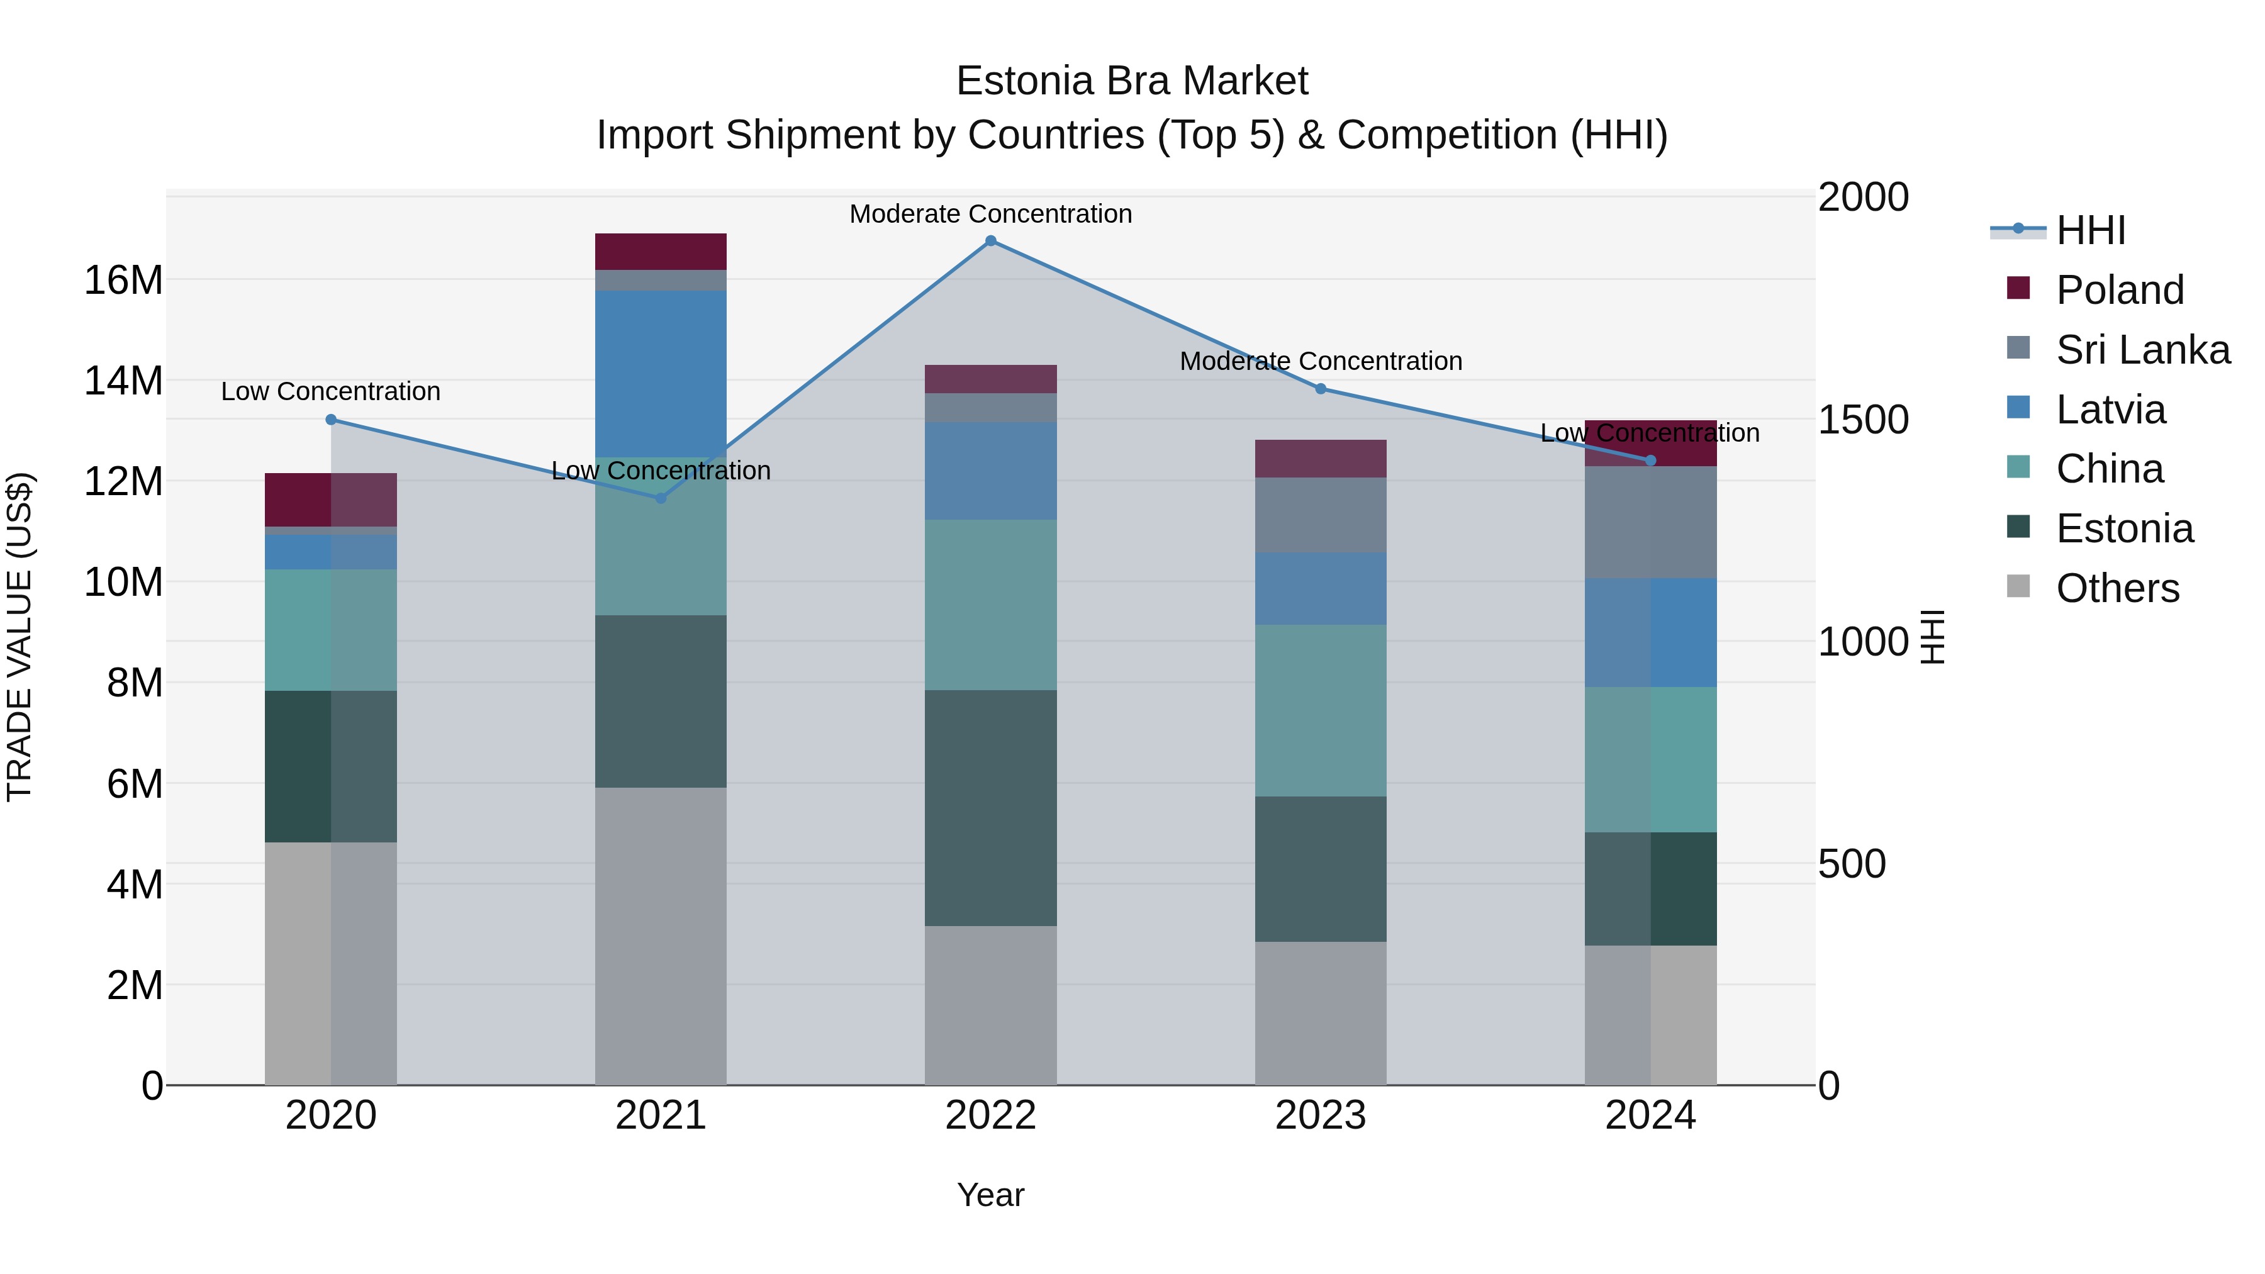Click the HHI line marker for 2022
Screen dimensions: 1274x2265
(x=990, y=241)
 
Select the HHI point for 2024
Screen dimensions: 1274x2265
(x=1650, y=461)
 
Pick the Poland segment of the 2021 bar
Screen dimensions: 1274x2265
(x=661, y=252)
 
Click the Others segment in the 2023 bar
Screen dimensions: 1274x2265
(x=1320, y=1013)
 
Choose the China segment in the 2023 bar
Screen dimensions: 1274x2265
(x=1320, y=710)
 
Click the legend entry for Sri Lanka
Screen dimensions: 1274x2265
(x=2142, y=350)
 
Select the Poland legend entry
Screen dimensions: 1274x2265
(x=2119, y=290)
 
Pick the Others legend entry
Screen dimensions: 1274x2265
(x=2117, y=588)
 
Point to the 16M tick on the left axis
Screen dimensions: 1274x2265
(x=123, y=281)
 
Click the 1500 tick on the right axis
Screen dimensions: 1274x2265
(x=1862, y=420)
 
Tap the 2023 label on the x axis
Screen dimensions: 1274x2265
(x=1320, y=1115)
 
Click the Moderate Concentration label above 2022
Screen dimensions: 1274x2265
(x=990, y=214)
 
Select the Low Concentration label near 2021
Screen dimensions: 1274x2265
(x=661, y=471)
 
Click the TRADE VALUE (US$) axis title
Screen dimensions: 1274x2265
(x=20, y=637)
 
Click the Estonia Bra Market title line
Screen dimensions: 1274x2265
(x=1132, y=81)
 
